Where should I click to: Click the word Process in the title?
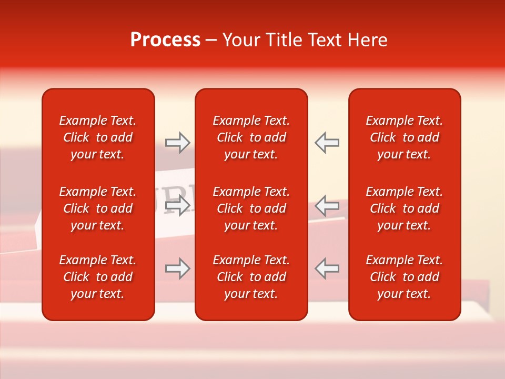pos(165,40)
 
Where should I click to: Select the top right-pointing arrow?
pos(178,143)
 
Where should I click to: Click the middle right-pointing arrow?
pos(178,205)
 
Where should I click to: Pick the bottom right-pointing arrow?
pos(178,268)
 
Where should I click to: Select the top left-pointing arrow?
pos(327,143)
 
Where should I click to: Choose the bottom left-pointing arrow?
pos(327,268)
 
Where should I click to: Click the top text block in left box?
pos(98,137)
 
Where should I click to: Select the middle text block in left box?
pos(98,208)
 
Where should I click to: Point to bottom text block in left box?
pos(98,277)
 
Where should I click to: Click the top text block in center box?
pos(251,137)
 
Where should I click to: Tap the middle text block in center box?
pos(251,208)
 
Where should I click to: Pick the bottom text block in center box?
pos(251,277)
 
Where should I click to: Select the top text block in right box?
pos(405,137)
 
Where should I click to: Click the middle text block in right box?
pos(405,208)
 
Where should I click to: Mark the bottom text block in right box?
pos(405,277)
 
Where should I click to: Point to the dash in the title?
pos(211,41)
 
